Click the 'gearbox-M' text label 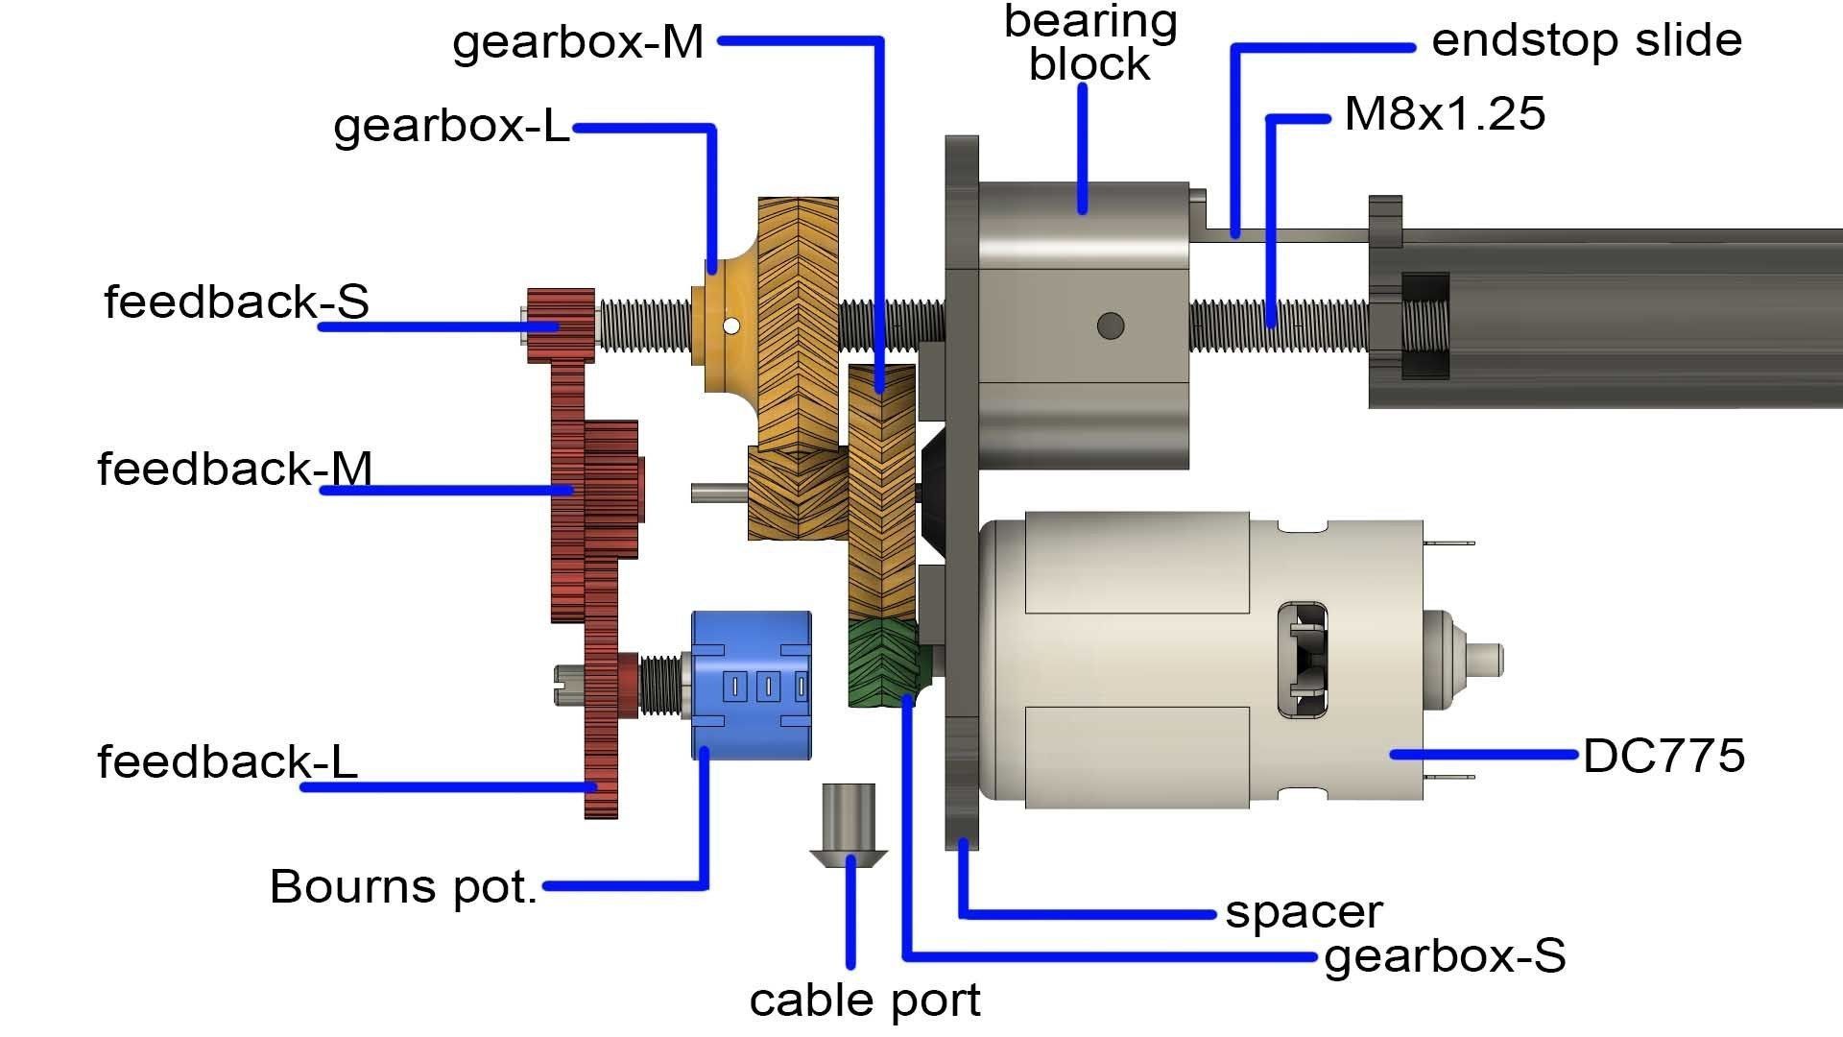point(578,43)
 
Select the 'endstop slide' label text point(1586,41)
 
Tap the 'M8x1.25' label point(1445,114)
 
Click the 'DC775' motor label point(1663,756)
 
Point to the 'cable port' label point(864,1001)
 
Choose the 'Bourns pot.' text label point(403,886)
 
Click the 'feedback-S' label point(236,301)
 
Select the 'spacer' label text point(1304,912)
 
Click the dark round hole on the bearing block point(1111,326)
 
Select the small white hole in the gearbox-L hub point(731,326)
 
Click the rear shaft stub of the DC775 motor point(1487,660)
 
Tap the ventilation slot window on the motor point(1303,660)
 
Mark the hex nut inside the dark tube point(1424,326)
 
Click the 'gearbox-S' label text point(1444,956)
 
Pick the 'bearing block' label point(1090,43)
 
